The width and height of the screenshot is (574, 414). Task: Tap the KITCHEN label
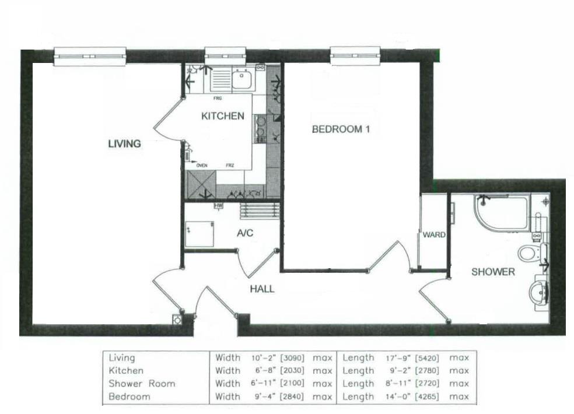click(222, 117)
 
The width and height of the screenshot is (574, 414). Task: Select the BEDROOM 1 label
click(341, 129)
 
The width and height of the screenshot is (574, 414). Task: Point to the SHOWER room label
click(493, 272)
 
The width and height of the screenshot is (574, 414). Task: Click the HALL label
click(262, 289)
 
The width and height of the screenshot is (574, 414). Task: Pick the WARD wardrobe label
click(434, 235)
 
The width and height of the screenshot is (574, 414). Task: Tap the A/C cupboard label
click(244, 234)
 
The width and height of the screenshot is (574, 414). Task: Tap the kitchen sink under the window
click(241, 78)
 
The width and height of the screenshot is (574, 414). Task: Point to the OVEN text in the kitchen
click(202, 166)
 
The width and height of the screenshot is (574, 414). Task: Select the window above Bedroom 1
click(355, 56)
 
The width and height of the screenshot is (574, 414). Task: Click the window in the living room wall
click(90, 56)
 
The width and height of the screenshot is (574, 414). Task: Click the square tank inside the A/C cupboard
click(199, 234)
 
